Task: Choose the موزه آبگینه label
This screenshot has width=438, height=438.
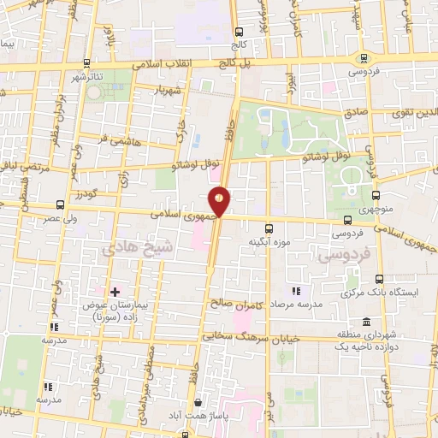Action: click(x=265, y=242)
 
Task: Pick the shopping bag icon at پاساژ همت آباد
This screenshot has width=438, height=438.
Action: click(x=198, y=401)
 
